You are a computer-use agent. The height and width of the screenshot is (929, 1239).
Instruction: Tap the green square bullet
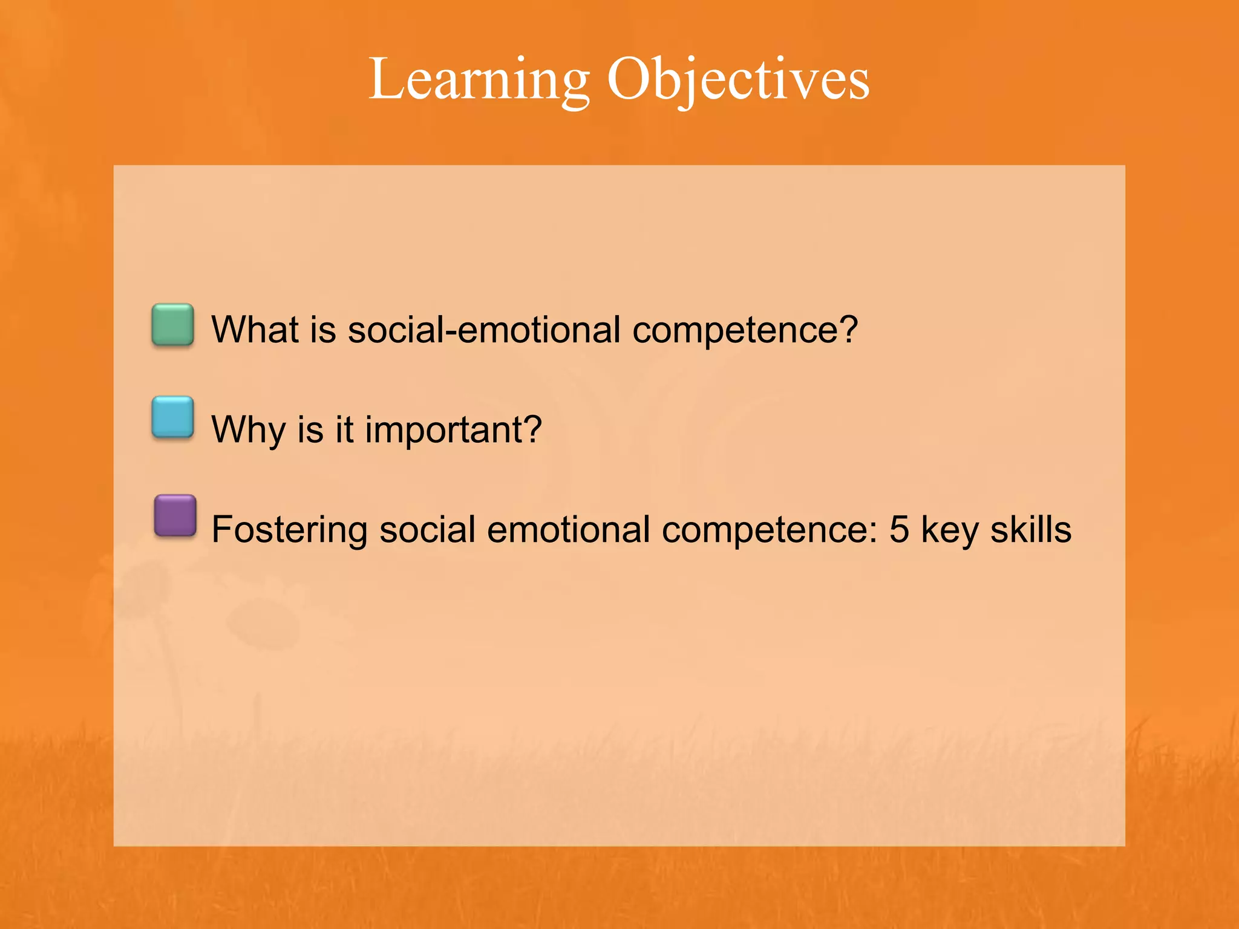point(173,325)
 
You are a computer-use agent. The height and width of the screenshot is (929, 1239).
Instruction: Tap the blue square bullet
point(173,417)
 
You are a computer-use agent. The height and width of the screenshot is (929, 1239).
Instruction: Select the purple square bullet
point(175,515)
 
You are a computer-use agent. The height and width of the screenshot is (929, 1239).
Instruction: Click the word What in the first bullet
point(255,330)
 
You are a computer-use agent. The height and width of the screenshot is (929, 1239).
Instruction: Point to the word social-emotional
point(484,330)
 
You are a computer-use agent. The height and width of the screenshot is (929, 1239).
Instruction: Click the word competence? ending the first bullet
point(745,331)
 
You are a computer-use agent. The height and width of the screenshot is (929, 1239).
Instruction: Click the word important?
point(453,431)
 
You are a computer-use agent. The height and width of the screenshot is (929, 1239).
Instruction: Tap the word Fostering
point(289,530)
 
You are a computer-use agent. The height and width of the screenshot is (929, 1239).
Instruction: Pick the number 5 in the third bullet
point(899,530)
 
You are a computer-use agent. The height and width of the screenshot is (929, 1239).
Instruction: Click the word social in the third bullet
point(427,530)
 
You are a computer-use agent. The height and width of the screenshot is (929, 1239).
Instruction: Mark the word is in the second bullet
point(310,430)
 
